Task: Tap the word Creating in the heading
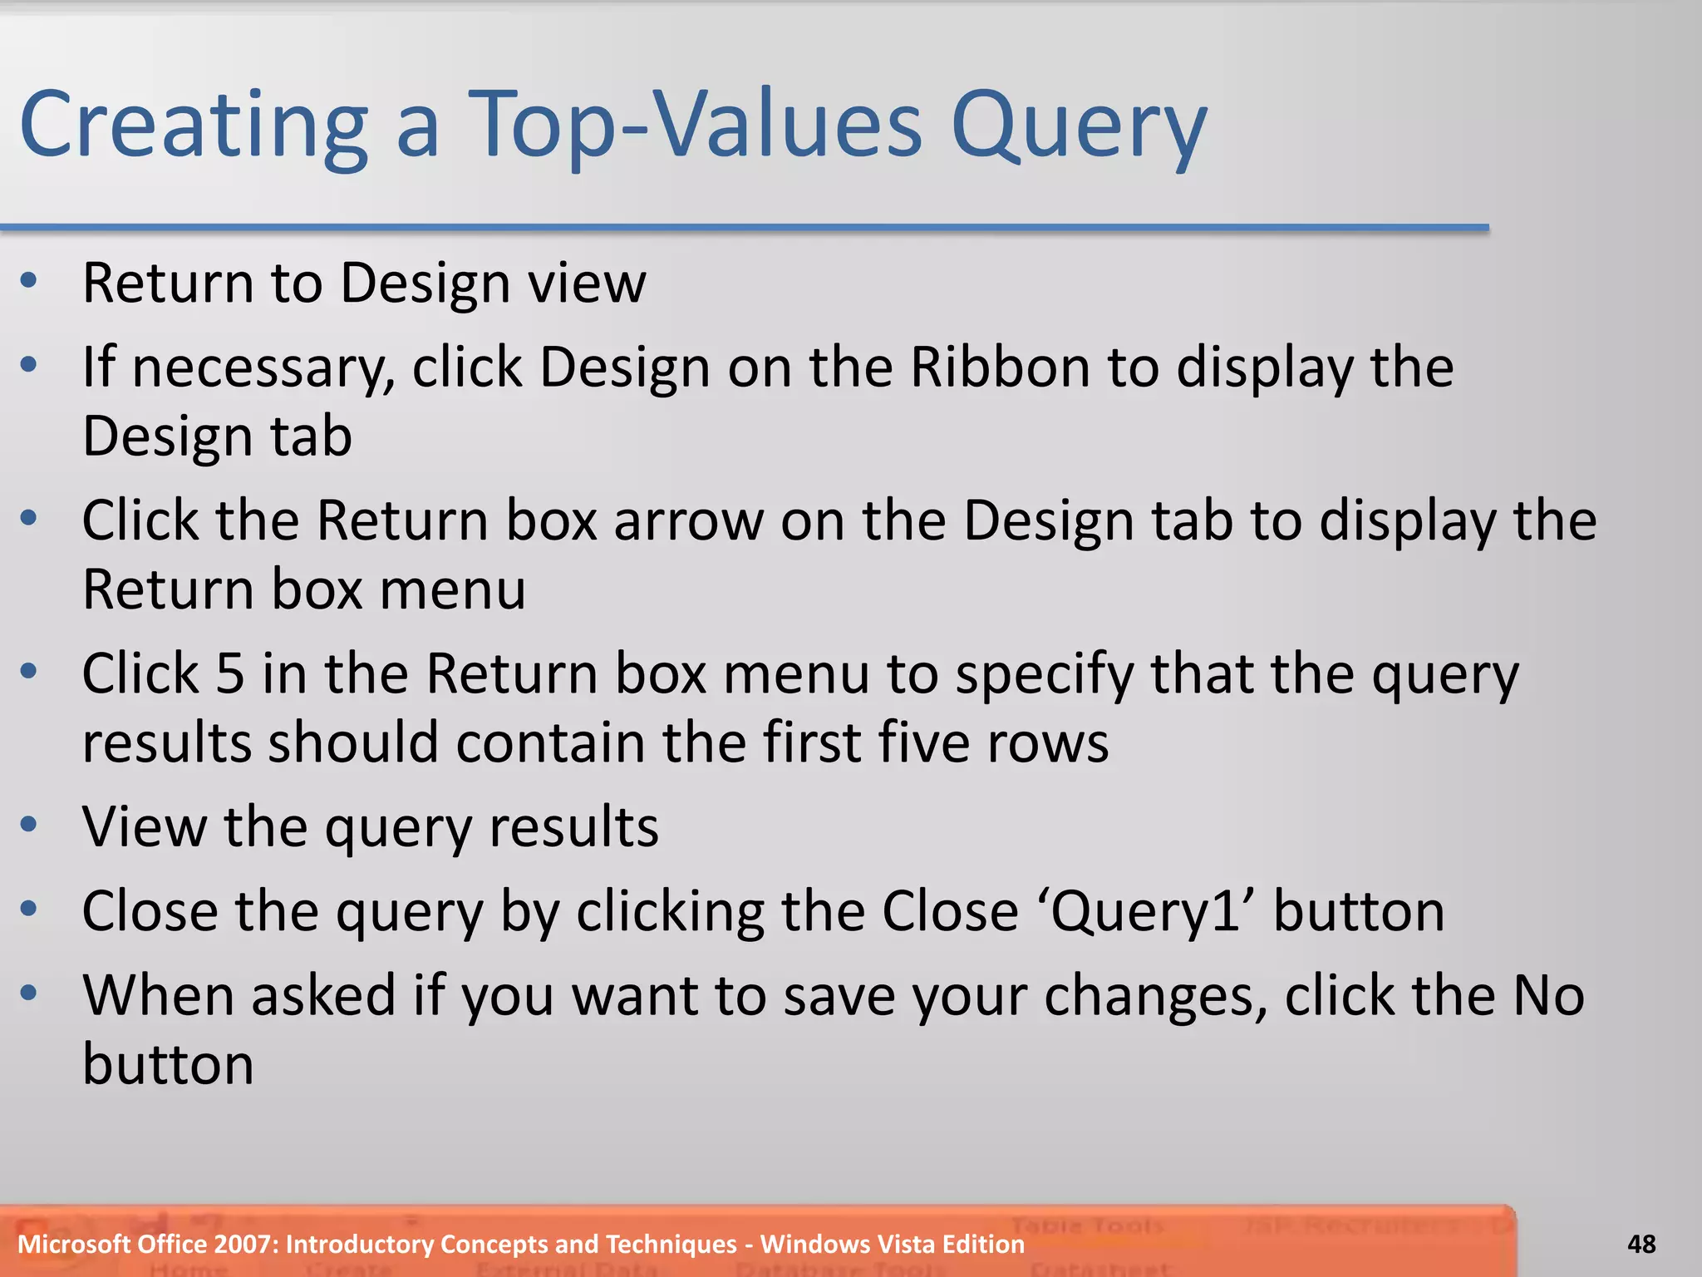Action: (194, 126)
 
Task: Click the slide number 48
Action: (1641, 1245)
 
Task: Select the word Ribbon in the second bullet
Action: (1000, 367)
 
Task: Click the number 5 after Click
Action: (230, 673)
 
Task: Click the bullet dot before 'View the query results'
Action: (29, 825)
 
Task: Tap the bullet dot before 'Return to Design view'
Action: (29, 281)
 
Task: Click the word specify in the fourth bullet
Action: (1044, 674)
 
